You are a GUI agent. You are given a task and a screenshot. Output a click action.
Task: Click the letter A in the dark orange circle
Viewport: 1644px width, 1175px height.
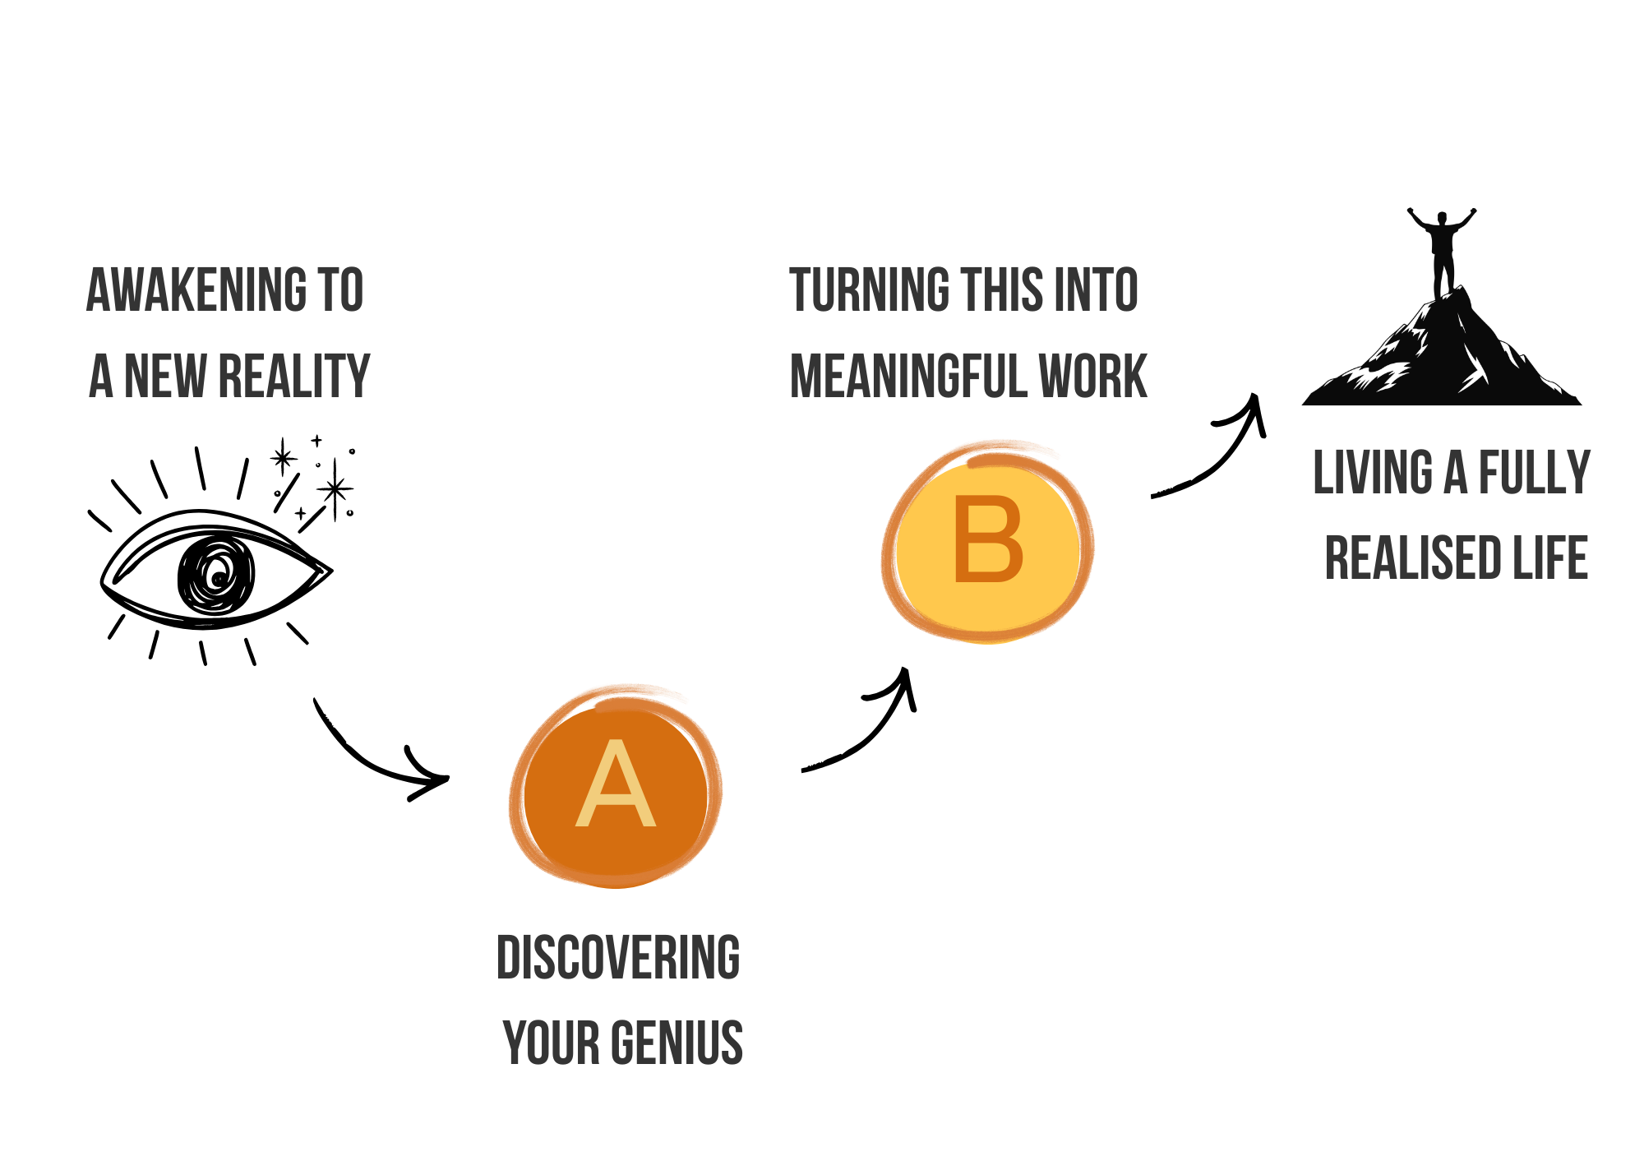(616, 785)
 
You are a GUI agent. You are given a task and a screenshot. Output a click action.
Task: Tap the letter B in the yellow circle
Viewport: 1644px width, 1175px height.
(988, 540)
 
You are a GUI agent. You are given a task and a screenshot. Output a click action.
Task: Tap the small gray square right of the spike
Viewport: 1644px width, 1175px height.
(358, 460)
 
